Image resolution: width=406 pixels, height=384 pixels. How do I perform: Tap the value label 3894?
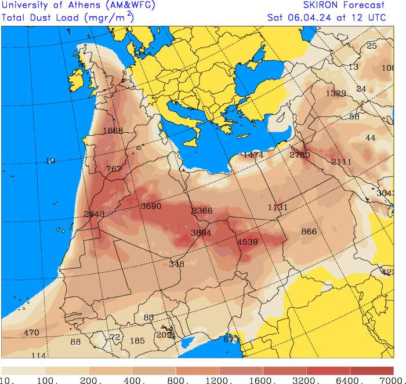(201, 233)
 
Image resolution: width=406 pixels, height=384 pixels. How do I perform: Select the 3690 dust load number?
(151, 206)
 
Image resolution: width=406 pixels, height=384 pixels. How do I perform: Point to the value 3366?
(202, 211)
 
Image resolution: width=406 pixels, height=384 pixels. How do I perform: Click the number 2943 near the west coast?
(94, 214)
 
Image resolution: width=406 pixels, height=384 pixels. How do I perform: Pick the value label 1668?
(113, 131)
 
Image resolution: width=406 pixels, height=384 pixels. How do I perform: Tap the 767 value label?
(114, 169)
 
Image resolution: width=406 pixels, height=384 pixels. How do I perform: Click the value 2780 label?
(299, 155)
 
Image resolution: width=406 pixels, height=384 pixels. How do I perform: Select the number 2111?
(341, 162)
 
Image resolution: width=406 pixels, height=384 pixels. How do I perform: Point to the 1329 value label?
(335, 93)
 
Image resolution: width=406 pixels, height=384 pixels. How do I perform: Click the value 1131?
(277, 208)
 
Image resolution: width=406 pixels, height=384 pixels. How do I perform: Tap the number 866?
(309, 231)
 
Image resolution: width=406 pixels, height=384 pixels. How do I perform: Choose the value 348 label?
(176, 264)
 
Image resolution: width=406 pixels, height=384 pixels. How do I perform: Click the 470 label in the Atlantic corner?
(31, 332)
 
